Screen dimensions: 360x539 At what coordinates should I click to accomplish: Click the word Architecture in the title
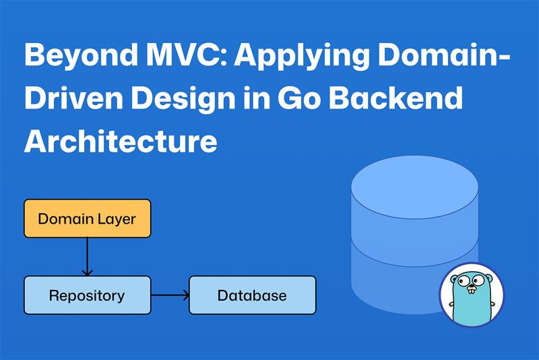[121, 141]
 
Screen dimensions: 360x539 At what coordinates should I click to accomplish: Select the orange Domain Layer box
[87, 218]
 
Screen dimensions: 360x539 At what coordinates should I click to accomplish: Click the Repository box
[87, 295]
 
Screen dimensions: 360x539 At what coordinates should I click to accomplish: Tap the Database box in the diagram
[252, 295]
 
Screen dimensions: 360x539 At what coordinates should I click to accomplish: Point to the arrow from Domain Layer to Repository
[87, 257]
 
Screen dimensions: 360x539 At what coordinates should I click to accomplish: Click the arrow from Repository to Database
[170, 295]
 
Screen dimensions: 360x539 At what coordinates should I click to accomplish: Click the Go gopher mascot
[472, 297]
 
